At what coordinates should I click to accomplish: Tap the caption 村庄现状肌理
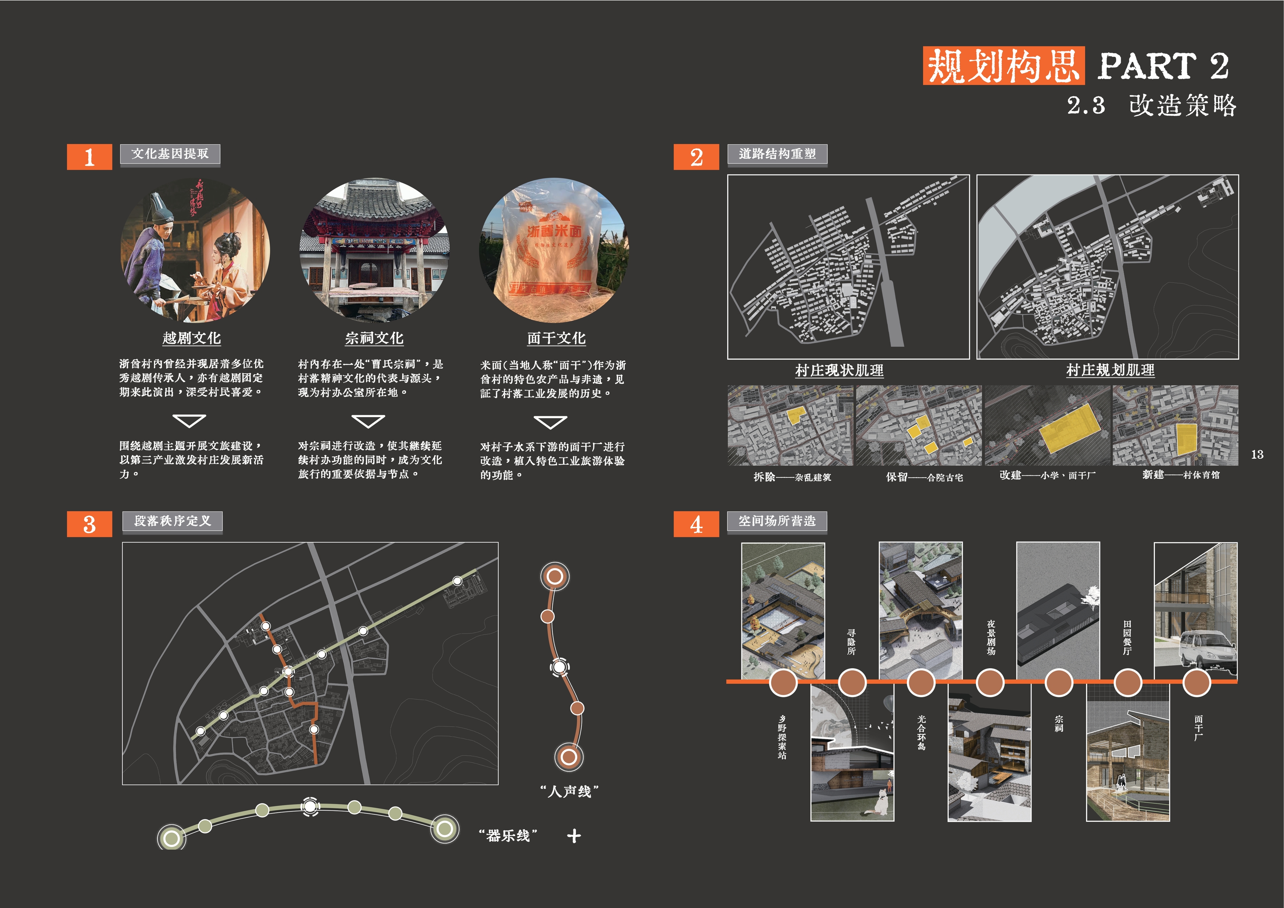tap(839, 370)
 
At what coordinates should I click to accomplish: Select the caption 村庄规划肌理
tap(1110, 370)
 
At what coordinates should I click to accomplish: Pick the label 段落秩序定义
tap(172, 521)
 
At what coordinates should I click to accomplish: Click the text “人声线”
tap(569, 791)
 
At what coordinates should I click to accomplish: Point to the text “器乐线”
tap(508, 836)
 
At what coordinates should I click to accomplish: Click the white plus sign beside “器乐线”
tap(574, 836)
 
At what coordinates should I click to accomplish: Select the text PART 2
tap(1163, 66)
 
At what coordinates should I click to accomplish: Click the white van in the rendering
tap(1207, 649)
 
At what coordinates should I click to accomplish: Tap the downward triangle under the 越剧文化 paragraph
tap(189, 420)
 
